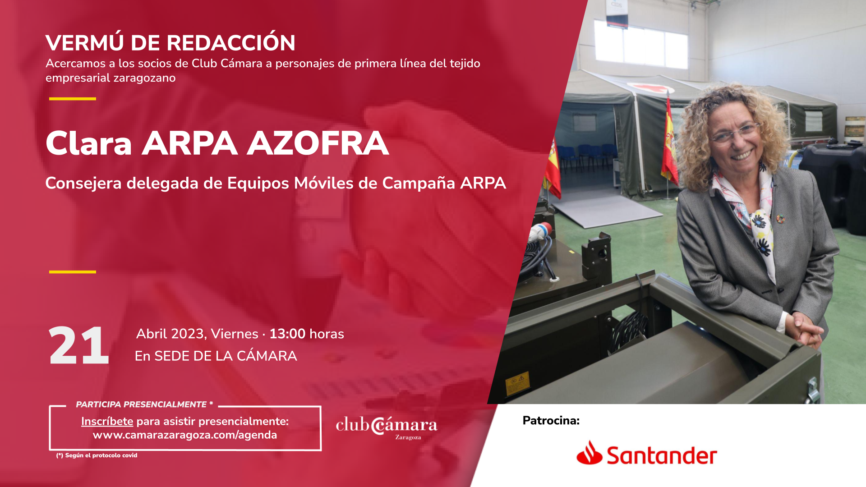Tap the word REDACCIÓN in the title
pos(231,42)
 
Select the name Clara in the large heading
pos(89,143)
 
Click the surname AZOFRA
pos(318,143)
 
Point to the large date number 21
pos(79,345)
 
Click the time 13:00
pos(287,334)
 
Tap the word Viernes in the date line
pos(235,334)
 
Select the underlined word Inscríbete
pos(107,421)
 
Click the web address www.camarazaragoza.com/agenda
pos(185,435)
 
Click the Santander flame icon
pos(589,453)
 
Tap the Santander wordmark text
pos(662,455)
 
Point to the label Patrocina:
pos(551,421)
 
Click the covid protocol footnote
pos(97,455)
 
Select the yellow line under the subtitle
pos(73,99)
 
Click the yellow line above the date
pos(73,272)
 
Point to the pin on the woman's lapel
pos(780,219)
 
